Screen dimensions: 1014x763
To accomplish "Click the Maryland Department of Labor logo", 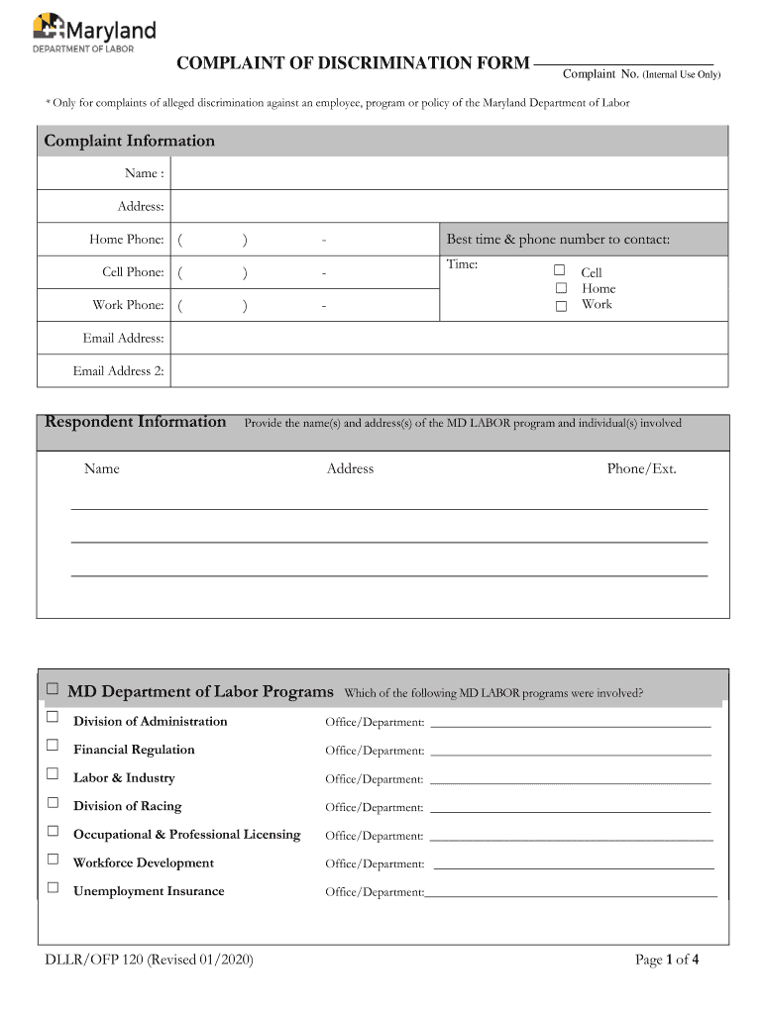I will coord(94,31).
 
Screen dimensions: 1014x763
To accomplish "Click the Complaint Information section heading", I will coord(129,141).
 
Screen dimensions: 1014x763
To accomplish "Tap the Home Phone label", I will coord(127,239).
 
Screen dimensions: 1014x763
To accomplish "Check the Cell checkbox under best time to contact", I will coord(560,270).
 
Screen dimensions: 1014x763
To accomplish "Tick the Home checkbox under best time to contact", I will coord(560,287).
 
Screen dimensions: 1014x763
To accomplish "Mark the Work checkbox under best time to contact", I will coord(560,305).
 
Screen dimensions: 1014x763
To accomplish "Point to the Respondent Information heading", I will coord(136,422).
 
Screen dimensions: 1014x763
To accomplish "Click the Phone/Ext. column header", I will coord(641,468).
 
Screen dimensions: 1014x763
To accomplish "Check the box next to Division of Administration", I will coord(53,718).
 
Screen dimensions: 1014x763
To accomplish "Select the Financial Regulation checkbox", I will coord(53,746).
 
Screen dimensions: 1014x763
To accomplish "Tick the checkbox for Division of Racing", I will coord(53,803).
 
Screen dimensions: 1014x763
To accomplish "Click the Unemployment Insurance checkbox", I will coord(53,888).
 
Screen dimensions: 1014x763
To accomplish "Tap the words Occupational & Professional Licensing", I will coord(186,835).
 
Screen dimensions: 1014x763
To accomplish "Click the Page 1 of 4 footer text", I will coord(667,959).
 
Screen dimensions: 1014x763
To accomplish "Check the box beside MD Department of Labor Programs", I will coord(53,688).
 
